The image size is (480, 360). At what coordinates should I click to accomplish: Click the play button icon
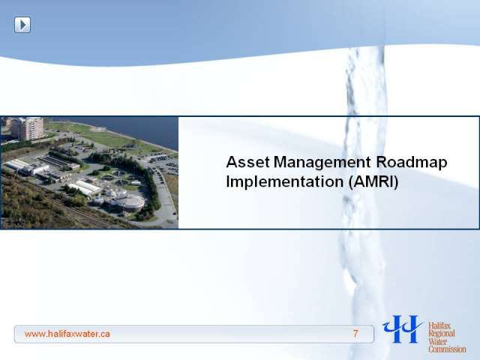point(22,25)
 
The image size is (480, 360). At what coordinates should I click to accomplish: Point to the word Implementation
point(285,181)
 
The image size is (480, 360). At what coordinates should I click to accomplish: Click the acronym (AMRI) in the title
point(373,182)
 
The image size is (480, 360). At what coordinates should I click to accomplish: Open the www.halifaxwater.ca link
point(67,334)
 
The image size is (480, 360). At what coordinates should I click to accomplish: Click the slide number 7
point(355,334)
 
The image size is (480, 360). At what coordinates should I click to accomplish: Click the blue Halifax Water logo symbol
point(403,328)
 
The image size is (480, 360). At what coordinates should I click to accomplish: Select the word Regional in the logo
point(442,334)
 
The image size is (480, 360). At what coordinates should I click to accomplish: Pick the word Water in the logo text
point(438,341)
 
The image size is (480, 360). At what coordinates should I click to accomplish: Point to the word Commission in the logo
point(447,349)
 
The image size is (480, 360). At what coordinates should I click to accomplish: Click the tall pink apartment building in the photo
point(28,128)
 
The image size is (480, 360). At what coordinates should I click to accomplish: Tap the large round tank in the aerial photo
point(132,202)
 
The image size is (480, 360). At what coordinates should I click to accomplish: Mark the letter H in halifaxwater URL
point(50,333)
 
